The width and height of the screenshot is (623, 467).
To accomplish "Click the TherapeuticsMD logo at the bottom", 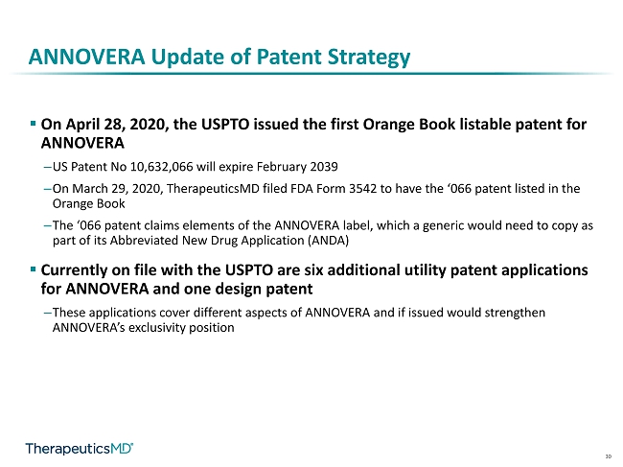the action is pos(79,449).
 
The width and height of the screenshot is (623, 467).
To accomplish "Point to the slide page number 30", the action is pos(609,456).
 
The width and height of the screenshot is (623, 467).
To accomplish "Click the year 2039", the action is pos(324,166).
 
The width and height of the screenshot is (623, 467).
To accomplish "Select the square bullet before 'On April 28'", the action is pos(33,124).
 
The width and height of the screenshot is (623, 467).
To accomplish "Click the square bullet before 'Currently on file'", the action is pos(33,269).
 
